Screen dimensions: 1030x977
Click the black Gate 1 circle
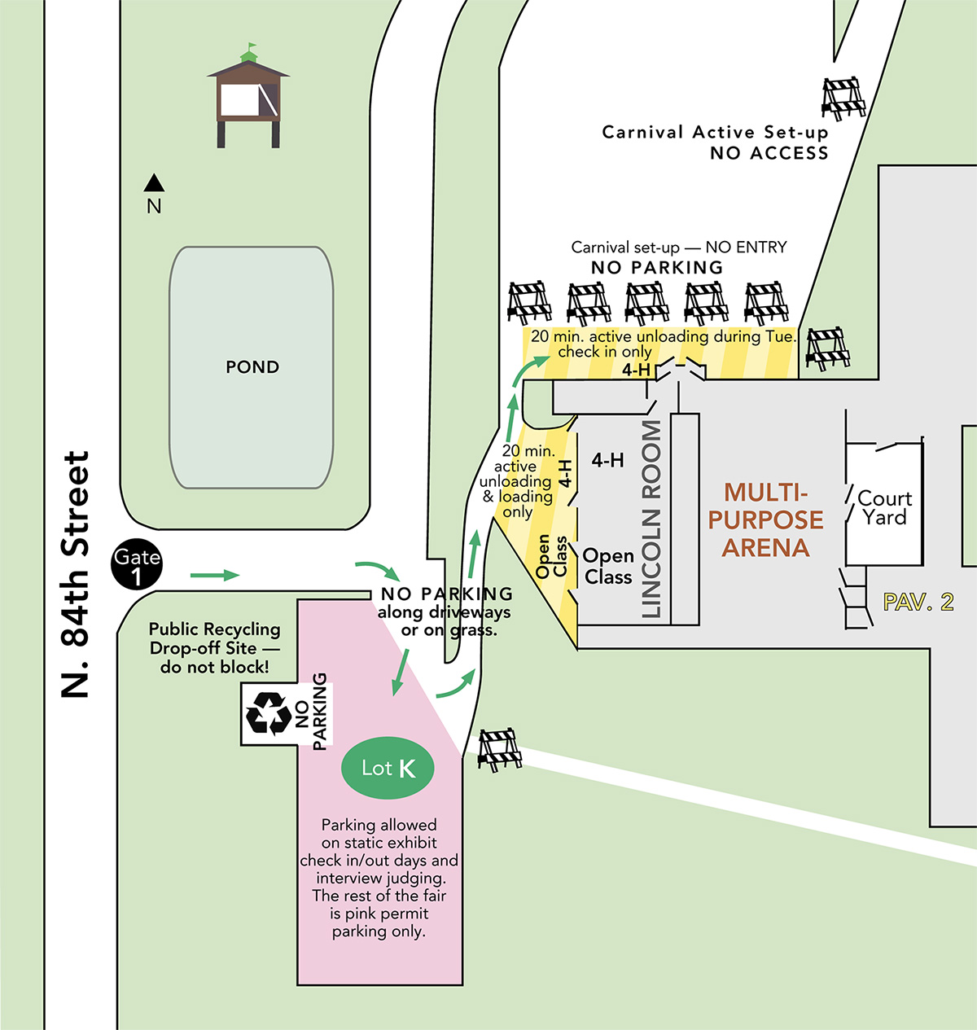pyautogui.click(x=137, y=566)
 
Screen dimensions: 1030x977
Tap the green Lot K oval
pyautogui.click(x=388, y=768)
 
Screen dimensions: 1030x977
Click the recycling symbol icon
pyautogui.click(x=269, y=713)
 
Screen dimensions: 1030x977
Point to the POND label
pyautogui.click(x=252, y=367)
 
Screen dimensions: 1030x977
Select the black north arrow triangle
pyautogui.click(x=154, y=183)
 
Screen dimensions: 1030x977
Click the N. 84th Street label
pyautogui.click(x=76, y=574)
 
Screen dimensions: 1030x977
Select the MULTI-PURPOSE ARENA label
pyautogui.click(x=765, y=519)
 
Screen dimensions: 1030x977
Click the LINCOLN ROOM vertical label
pyautogui.click(x=651, y=519)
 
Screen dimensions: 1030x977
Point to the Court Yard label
pyautogui.click(x=884, y=508)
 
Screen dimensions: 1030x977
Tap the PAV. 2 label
pyautogui.click(x=918, y=603)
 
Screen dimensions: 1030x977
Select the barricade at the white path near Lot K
pyautogui.click(x=499, y=748)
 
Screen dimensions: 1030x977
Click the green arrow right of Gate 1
pyautogui.click(x=215, y=576)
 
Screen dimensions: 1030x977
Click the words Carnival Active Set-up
pyautogui.click(x=714, y=132)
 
